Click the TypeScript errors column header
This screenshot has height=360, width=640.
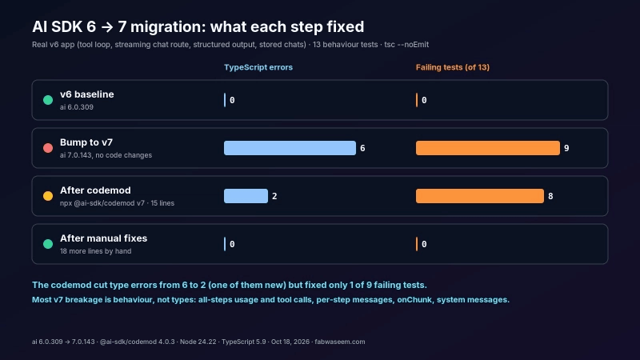[258, 67]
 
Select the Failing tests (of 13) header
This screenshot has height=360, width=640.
[453, 67]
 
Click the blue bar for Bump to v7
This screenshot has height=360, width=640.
[290, 148]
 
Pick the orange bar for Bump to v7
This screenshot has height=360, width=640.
[488, 148]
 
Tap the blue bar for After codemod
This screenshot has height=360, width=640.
[246, 196]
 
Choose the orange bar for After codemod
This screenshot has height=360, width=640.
[479, 196]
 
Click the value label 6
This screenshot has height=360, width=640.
[362, 148]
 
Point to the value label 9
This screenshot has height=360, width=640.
[566, 148]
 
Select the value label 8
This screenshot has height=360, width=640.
[550, 196]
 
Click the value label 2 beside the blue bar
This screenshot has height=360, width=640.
[274, 196]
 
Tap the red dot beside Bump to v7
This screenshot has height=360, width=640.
[48, 148]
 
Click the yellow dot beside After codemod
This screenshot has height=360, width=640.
[48, 196]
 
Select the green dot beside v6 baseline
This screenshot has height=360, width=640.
[48, 100]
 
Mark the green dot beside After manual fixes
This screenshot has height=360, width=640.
[48, 244]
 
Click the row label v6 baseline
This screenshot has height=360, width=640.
[87, 94]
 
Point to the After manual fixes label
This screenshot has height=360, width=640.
[104, 238]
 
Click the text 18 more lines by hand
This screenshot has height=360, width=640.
[95, 251]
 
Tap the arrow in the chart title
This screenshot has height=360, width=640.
[107, 27]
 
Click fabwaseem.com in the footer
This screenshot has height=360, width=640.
[339, 342]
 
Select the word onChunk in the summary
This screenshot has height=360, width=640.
[414, 299]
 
